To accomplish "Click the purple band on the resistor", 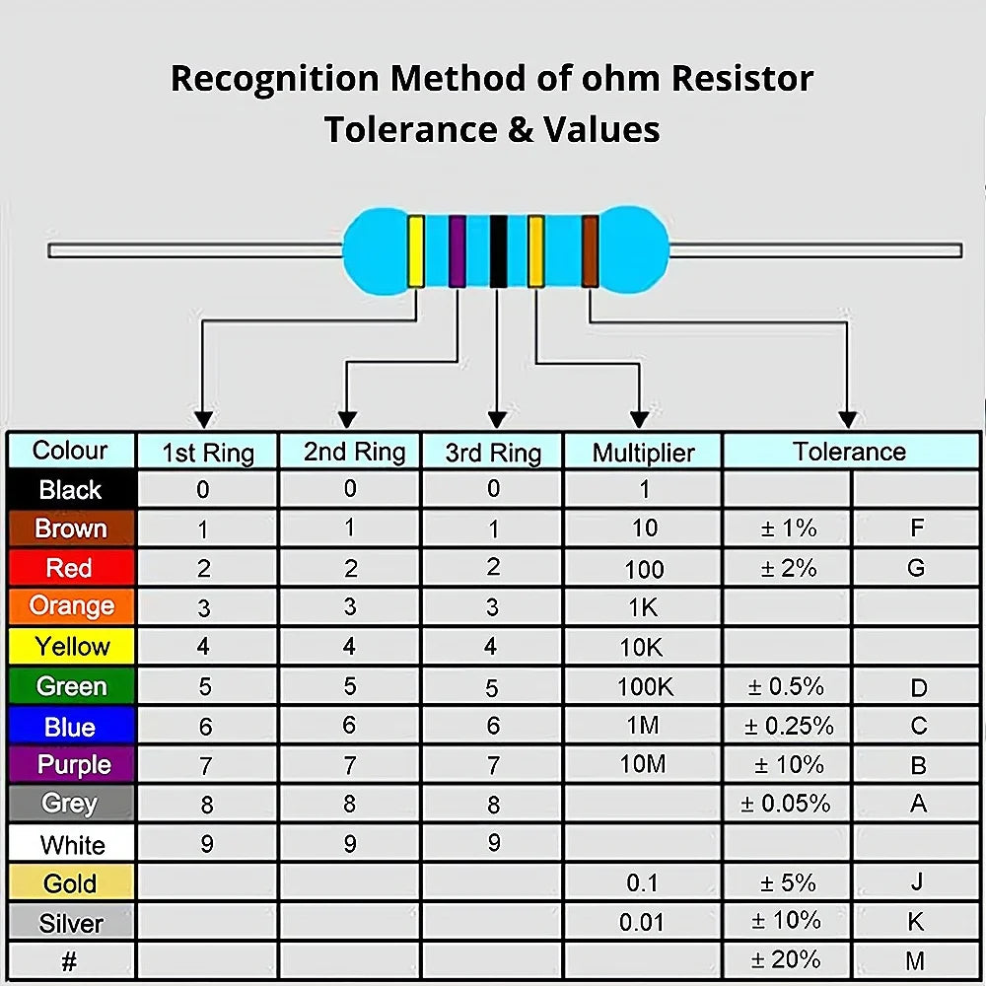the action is click(458, 251).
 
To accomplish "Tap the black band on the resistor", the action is click(498, 251).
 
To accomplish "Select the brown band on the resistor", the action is click(590, 251).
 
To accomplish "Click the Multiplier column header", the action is click(643, 453).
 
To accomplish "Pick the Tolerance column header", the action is click(850, 452).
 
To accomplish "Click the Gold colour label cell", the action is click(71, 882).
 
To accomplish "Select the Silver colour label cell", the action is click(71, 923).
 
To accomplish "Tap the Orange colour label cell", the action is click(71, 605).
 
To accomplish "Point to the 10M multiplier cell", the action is click(643, 764).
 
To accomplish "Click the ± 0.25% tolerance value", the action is click(789, 726).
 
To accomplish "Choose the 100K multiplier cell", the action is click(643, 686).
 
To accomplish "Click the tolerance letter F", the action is click(917, 528).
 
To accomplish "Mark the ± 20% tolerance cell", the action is click(787, 960).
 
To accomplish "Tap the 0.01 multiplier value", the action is click(642, 923).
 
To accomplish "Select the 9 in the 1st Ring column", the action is click(207, 843).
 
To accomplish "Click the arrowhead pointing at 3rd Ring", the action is click(497, 420).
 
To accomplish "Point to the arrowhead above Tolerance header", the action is click(848, 420).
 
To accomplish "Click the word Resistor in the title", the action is click(742, 79).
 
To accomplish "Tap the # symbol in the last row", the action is click(69, 960).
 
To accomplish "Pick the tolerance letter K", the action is click(916, 921).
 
